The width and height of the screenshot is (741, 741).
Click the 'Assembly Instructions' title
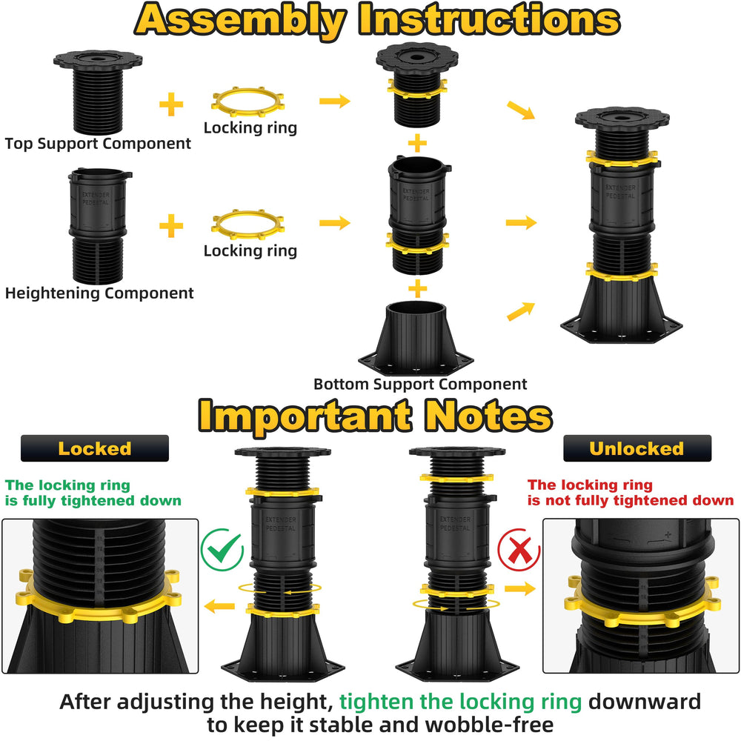pyautogui.click(x=377, y=21)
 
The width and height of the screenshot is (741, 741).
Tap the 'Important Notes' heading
pyautogui.click(x=375, y=415)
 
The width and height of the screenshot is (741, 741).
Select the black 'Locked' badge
pyautogui.click(x=95, y=448)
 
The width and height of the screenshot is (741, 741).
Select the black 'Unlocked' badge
pyautogui.click(x=637, y=448)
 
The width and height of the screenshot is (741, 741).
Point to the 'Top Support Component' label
pyautogui.click(x=98, y=144)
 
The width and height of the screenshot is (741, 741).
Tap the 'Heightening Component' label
pyautogui.click(x=99, y=293)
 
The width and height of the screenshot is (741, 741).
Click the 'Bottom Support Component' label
pyautogui.click(x=420, y=384)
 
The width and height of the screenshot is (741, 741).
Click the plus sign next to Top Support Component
pyautogui.click(x=171, y=104)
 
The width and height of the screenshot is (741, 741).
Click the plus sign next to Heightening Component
pyautogui.click(x=171, y=225)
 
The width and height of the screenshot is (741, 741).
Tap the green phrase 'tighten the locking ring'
pyautogui.click(x=460, y=702)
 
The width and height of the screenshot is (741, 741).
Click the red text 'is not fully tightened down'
pyautogui.click(x=631, y=500)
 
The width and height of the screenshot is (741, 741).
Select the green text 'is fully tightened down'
pyautogui.click(x=93, y=500)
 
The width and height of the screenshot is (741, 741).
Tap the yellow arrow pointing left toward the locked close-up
pyautogui.click(x=220, y=606)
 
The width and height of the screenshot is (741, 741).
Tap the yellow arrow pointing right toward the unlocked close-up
pyautogui.click(x=520, y=588)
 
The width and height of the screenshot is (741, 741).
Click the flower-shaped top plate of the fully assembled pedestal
pyautogui.click(x=622, y=119)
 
